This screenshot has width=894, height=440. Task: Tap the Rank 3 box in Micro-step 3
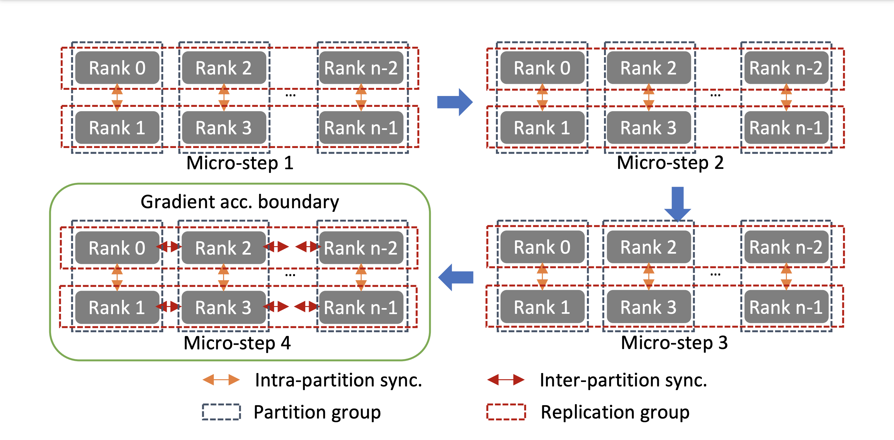click(x=648, y=307)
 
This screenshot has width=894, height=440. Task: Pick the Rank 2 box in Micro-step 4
click(x=223, y=248)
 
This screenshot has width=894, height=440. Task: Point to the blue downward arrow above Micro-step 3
click(x=678, y=203)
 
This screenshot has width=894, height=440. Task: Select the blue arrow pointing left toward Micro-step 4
click(x=455, y=277)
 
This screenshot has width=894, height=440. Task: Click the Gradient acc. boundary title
click(x=240, y=202)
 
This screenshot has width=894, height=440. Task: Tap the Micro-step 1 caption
click(x=240, y=163)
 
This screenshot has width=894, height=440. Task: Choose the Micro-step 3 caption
click(x=674, y=342)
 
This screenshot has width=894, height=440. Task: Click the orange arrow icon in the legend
click(x=221, y=380)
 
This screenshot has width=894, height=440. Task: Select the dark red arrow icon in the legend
click(x=506, y=380)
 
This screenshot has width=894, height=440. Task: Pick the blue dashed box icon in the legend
click(x=221, y=412)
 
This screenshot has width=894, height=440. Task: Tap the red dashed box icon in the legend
click(x=506, y=412)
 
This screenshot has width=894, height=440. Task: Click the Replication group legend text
click(x=615, y=412)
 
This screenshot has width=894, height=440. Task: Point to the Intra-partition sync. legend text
click(x=338, y=380)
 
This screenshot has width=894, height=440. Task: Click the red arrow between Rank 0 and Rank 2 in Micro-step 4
click(x=169, y=247)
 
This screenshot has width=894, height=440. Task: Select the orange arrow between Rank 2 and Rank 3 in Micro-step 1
click(x=224, y=97)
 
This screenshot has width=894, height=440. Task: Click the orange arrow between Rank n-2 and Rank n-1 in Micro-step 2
click(x=786, y=97)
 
